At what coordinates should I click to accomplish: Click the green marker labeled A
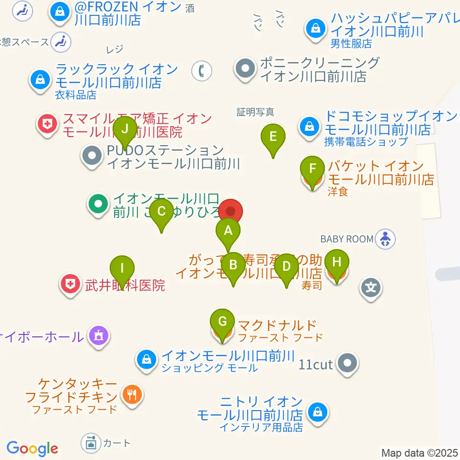pyautogui.click(x=228, y=231)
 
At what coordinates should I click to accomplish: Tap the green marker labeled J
pyautogui.click(x=125, y=129)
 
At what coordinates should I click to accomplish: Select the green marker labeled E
pyautogui.click(x=273, y=137)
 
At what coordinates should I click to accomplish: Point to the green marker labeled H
pyautogui.click(x=337, y=263)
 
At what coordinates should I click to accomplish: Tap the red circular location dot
pyautogui.click(x=231, y=211)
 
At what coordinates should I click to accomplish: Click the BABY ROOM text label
pyautogui.click(x=346, y=239)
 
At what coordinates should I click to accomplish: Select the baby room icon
pyautogui.click(x=385, y=239)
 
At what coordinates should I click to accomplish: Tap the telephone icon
pyautogui.click(x=202, y=71)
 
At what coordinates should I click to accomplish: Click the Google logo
pyautogui.click(x=32, y=448)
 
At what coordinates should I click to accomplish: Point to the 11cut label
pyautogui.click(x=315, y=364)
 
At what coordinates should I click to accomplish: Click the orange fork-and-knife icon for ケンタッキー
pyautogui.click(x=131, y=395)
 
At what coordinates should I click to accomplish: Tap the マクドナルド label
pyautogui.click(x=277, y=326)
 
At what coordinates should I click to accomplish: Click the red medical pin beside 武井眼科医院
pyautogui.click(x=71, y=284)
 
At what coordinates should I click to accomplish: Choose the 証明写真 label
pyautogui.click(x=255, y=112)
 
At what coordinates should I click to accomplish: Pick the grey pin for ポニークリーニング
pyautogui.click(x=245, y=69)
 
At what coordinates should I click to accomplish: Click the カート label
pyautogui.click(x=116, y=442)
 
